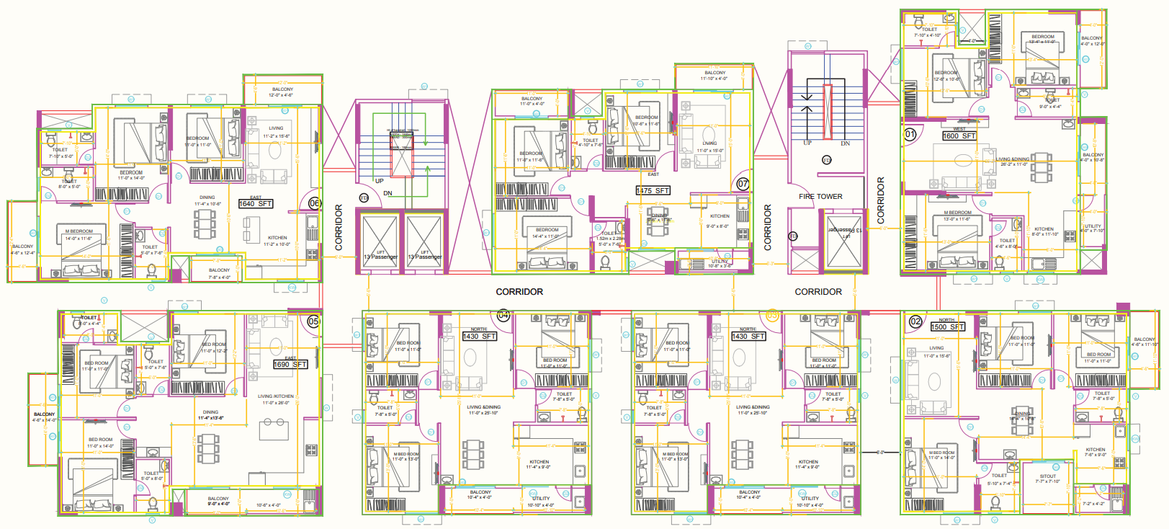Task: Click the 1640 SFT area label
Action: [256, 204]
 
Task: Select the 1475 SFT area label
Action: [653, 191]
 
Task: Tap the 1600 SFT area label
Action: [959, 135]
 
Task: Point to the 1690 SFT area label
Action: [290, 365]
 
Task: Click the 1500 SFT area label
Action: [947, 327]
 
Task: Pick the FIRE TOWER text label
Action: [820, 196]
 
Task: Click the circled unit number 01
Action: [910, 134]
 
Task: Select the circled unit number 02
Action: [915, 321]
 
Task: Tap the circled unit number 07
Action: [743, 185]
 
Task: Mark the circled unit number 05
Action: [313, 321]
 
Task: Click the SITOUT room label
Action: [1048, 476]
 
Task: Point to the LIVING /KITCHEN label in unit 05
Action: [276, 396]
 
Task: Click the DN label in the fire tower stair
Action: [845, 143]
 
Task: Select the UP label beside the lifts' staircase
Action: [379, 181]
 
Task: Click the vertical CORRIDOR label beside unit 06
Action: [339, 228]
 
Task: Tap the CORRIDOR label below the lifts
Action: [519, 292]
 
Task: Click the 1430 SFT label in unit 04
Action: [480, 337]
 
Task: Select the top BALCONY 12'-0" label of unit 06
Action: [282, 90]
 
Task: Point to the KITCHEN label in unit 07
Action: [720, 216]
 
